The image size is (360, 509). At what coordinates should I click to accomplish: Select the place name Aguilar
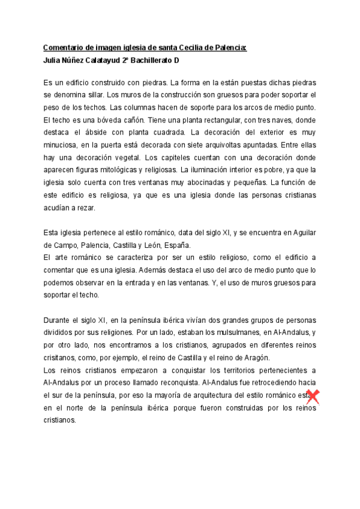303,232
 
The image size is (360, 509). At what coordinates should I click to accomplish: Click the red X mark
312,396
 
